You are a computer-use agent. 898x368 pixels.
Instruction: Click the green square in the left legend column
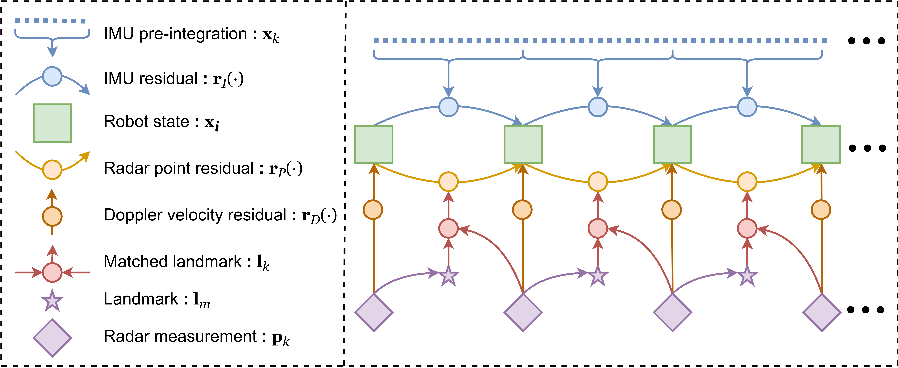coord(52,123)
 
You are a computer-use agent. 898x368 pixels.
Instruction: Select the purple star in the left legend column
coord(52,301)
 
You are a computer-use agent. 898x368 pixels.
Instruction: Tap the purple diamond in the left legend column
coord(52,338)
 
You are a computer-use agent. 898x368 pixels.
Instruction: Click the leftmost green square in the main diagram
coord(374,144)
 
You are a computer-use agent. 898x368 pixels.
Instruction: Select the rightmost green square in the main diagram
coord(821,144)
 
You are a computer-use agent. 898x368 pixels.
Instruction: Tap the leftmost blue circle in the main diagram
coord(448,107)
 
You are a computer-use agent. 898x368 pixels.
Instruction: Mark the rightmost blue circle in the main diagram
coord(747,107)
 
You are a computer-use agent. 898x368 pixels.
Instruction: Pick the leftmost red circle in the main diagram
coord(448,228)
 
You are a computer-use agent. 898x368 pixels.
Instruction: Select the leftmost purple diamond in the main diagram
coord(374,313)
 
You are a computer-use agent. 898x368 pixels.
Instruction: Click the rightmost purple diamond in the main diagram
coord(822,313)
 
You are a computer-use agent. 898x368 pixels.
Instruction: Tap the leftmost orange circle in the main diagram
coord(373,210)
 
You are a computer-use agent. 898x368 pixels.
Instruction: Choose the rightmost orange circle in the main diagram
coord(821,210)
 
